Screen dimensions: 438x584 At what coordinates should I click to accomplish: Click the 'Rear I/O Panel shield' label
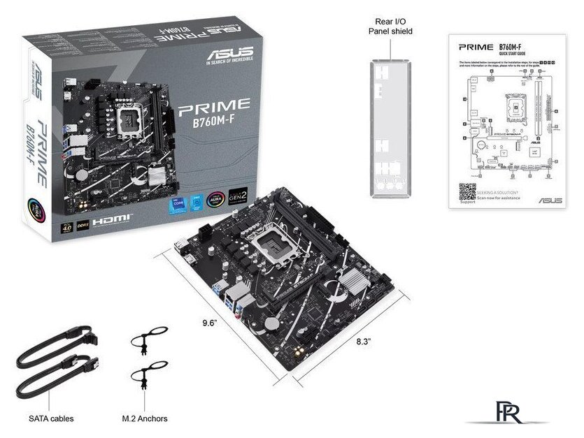point(390,26)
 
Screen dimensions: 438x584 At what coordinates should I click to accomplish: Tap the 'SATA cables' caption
point(51,418)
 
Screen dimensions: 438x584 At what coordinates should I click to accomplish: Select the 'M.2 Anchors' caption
point(144,418)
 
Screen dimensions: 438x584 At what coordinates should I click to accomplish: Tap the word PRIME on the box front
point(214,106)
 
